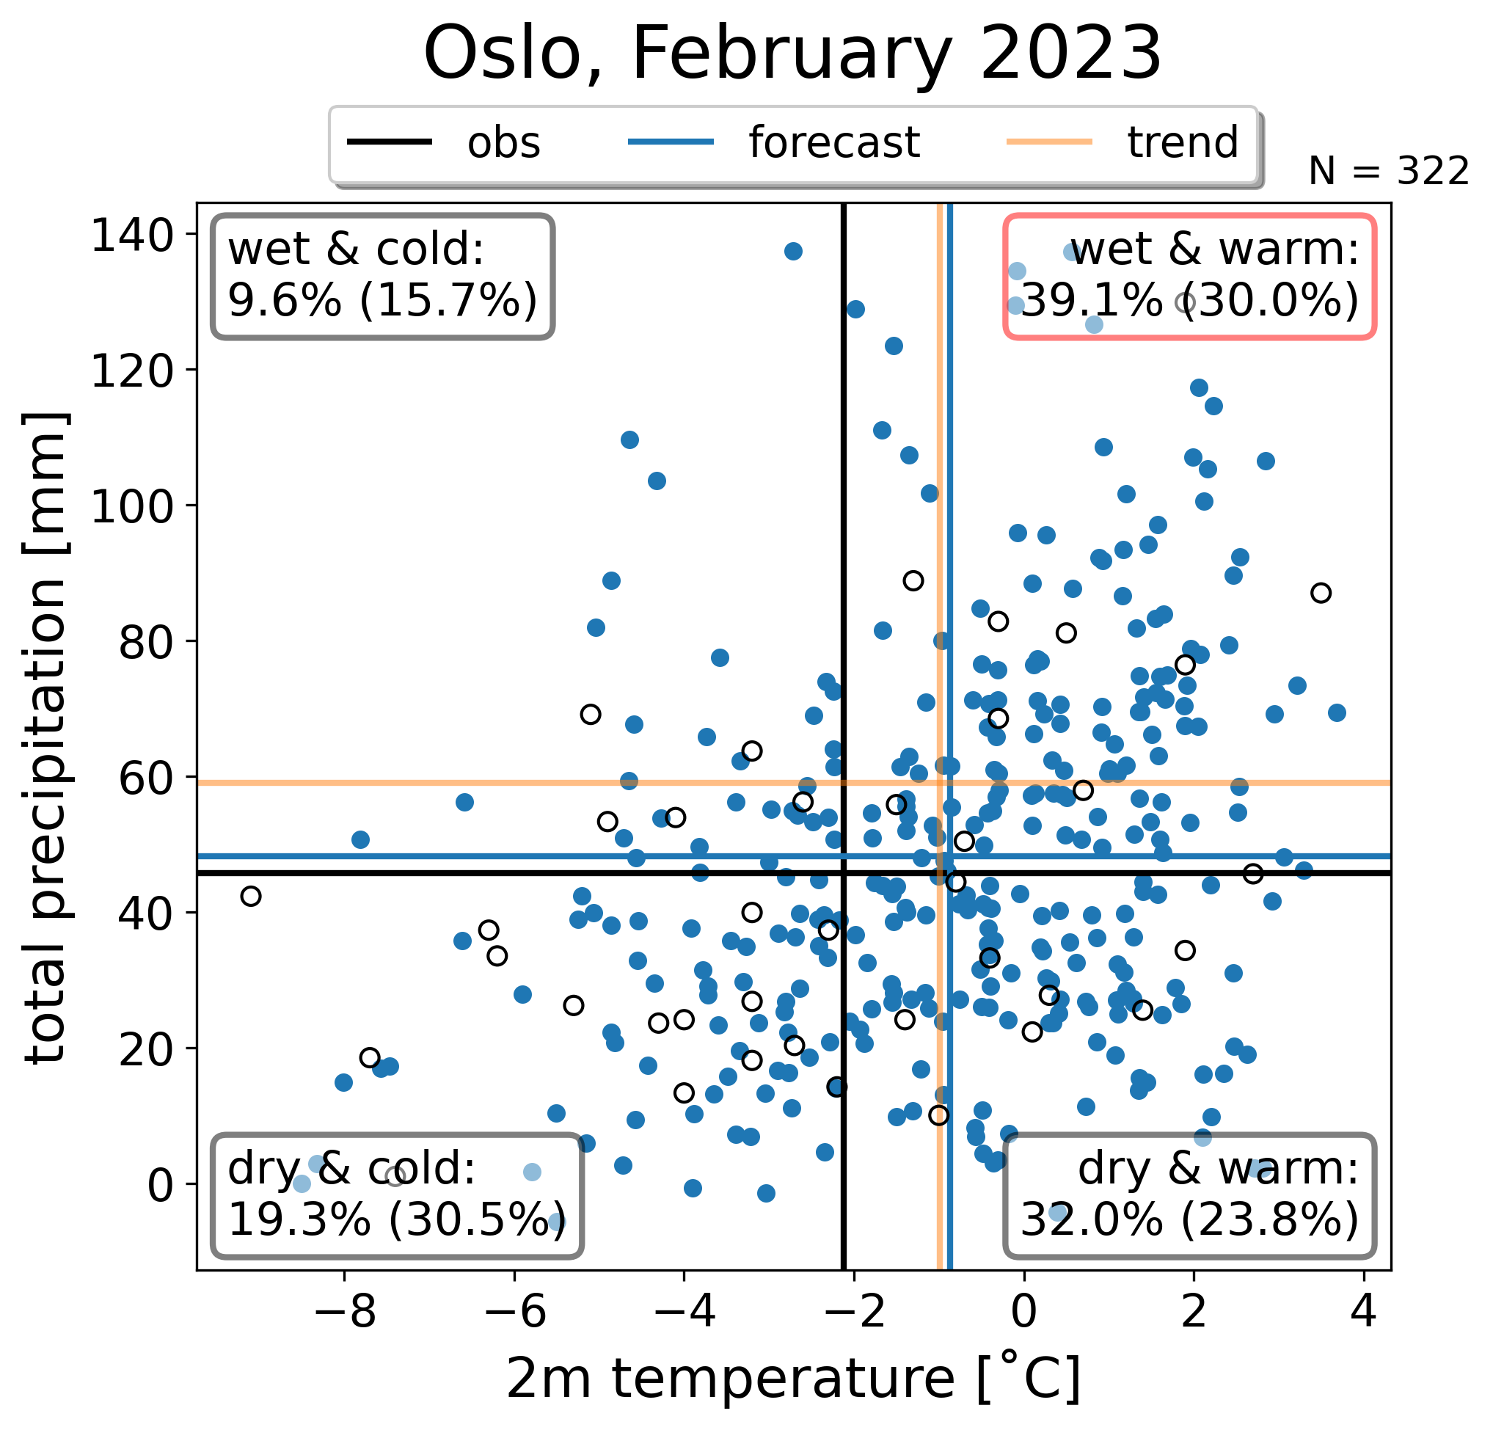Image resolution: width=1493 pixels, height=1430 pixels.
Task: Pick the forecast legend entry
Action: pyautogui.click(x=774, y=142)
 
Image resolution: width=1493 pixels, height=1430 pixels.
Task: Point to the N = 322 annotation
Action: pyautogui.click(x=1389, y=172)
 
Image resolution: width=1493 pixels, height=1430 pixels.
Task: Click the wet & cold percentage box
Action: pyautogui.click(x=383, y=277)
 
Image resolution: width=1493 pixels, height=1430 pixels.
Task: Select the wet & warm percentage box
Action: pyautogui.click(x=1190, y=277)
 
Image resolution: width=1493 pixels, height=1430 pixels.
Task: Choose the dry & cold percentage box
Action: pyautogui.click(x=397, y=1195)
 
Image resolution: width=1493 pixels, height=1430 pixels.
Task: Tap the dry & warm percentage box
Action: pyautogui.click(x=1190, y=1195)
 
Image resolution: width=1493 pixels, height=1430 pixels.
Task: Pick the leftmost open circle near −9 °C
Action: pyautogui.click(x=251, y=896)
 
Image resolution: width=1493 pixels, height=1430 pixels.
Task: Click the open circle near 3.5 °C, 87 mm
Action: pyautogui.click(x=1321, y=593)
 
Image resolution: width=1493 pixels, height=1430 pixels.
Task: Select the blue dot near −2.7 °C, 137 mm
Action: pyautogui.click(x=793, y=252)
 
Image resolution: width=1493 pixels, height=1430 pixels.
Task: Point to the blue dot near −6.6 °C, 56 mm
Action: pyautogui.click(x=464, y=802)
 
